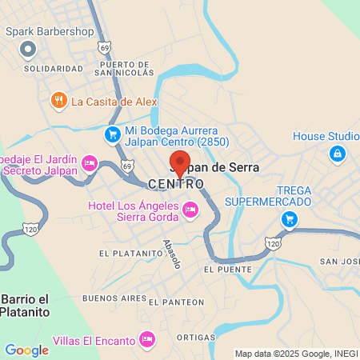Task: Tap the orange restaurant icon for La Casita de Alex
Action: [58, 101]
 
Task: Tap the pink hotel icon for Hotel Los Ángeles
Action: [190, 210]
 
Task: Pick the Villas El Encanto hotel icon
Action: [146, 341]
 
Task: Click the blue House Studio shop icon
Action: [337, 154]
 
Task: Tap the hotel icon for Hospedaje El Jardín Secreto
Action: [90, 163]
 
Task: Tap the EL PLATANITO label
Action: [125, 253]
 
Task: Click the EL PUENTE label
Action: [221, 269]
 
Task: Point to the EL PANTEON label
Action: [170, 301]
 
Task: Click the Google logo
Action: [26, 350]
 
